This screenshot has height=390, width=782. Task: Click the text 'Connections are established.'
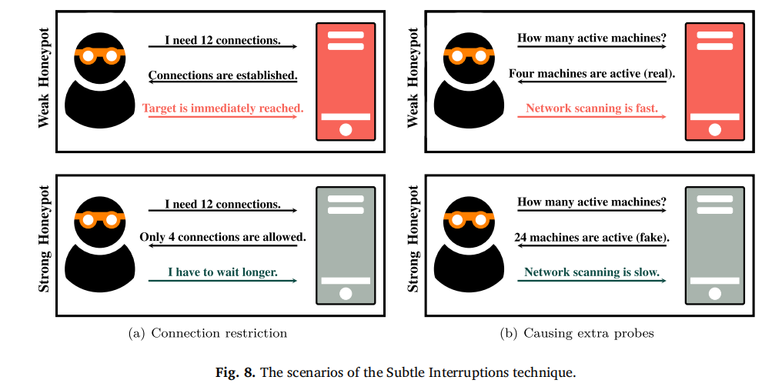222,75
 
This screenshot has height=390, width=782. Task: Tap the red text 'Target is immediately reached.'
223,108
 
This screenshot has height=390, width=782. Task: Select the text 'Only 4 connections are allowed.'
222,237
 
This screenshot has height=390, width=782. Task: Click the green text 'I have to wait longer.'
222,272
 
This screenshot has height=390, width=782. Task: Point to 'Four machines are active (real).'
592,75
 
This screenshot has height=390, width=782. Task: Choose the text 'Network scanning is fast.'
592,108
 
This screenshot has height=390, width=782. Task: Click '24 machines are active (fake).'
592,237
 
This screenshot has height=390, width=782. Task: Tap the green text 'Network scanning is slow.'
592,272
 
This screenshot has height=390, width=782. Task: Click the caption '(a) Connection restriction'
207,333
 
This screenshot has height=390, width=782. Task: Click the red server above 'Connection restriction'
346,82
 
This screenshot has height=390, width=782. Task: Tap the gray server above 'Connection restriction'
346,245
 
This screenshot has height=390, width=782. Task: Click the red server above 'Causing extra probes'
715,82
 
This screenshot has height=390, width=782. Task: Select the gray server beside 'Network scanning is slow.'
715,245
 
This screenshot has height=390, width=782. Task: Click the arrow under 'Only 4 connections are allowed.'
222,247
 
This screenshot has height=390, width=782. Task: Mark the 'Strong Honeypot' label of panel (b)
413,238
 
